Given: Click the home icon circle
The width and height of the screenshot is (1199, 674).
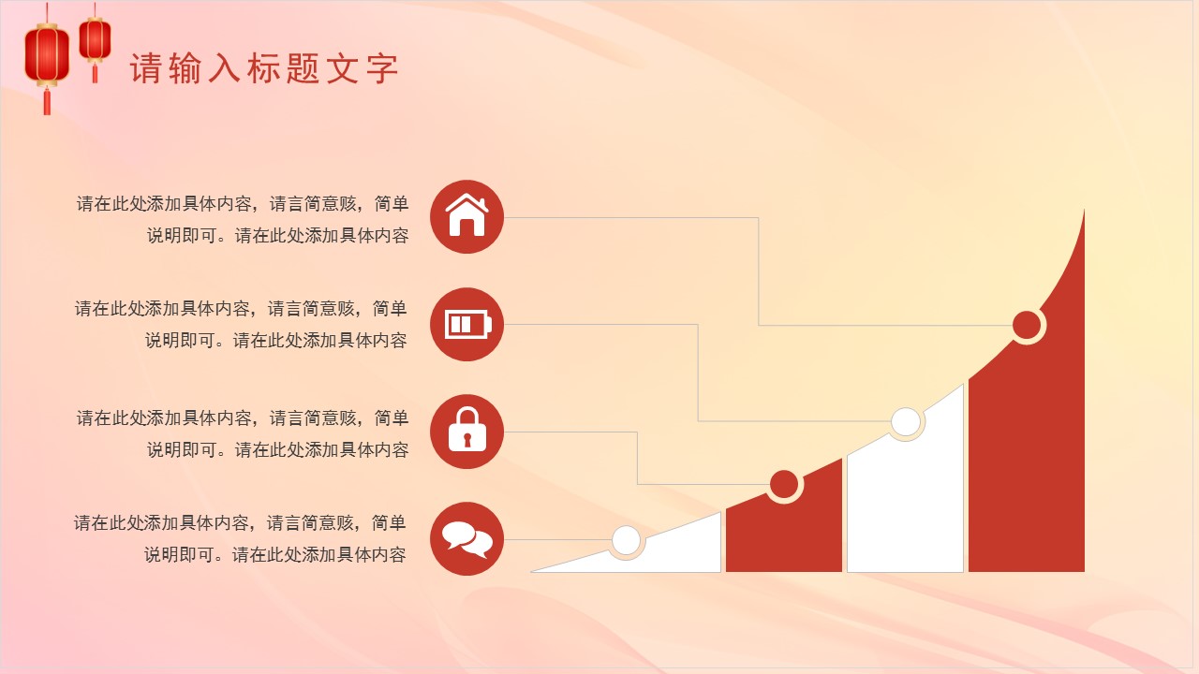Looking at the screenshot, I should (466, 216).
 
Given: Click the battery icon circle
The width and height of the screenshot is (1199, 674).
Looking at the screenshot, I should (466, 325).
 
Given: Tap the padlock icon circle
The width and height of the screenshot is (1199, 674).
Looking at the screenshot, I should (466, 432).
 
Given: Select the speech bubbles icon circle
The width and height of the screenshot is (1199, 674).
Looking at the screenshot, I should (466, 538).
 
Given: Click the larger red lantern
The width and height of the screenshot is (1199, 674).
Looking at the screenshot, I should (47, 54).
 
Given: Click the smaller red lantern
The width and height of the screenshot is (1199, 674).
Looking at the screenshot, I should (95, 39).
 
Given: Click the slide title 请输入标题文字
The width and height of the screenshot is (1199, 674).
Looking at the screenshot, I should (265, 68).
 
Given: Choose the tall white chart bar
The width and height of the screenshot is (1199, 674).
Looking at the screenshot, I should (905, 505).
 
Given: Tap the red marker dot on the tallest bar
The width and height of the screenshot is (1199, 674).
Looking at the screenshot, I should (1028, 326).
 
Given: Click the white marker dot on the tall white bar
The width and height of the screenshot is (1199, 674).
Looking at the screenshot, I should (906, 422).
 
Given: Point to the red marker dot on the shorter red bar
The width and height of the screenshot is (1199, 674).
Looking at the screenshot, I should (784, 484).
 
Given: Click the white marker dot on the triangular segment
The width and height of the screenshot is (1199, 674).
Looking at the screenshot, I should (626, 540).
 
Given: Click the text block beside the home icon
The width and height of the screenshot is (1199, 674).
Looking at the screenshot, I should (244, 219).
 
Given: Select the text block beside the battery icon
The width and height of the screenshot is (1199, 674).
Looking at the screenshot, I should (242, 324).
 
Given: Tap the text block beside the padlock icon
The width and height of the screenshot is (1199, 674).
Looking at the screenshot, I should (244, 432).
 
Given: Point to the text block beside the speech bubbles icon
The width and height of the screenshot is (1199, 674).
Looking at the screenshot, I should (241, 537).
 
